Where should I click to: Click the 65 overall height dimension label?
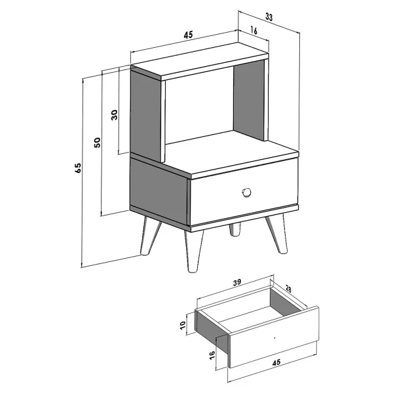click(x=78, y=168)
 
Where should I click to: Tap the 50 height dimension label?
click(x=97, y=142)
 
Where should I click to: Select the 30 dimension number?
click(x=114, y=115)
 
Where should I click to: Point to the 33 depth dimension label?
click(x=269, y=17)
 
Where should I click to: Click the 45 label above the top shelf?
click(x=188, y=35)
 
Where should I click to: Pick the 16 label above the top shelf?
click(x=253, y=31)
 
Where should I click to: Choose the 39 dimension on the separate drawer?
click(x=237, y=282)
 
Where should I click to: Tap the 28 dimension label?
click(x=288, y=290)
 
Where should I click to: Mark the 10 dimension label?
click(x=183, y=325)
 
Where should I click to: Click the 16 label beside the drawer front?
click(x=212, y=355)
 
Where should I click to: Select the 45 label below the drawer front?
click(x=276, y=362)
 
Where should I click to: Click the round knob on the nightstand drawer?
click(x=246, y=193)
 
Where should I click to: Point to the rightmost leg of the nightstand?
click(x=276, y=233)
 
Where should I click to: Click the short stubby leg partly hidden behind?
click(x=235, y=229)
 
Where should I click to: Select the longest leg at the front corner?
click(x=193, y=251)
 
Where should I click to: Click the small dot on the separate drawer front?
click(x=274, y=338)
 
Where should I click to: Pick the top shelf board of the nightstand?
click(x=200, y=62)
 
